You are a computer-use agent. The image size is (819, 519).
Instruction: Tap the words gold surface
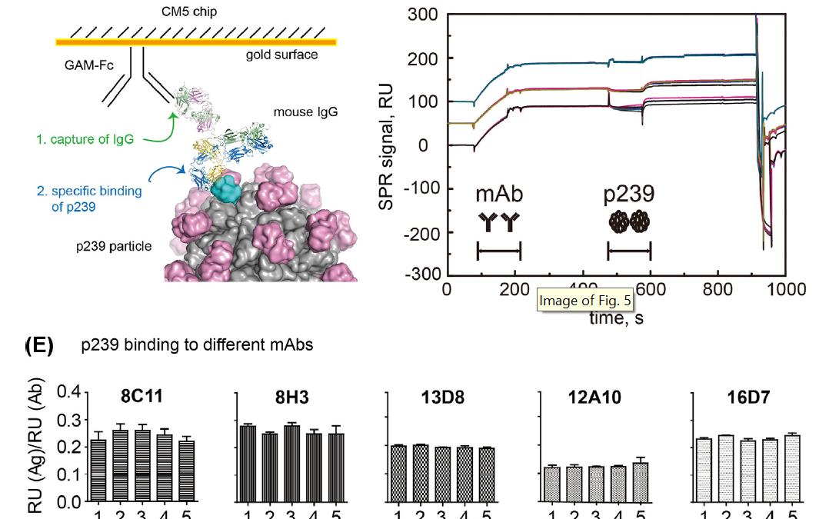(281, 55)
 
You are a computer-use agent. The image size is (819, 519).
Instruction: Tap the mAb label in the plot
(498, 194)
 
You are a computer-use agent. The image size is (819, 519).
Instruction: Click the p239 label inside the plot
(630, 194)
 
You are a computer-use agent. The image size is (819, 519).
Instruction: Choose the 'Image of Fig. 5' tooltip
(584, 301)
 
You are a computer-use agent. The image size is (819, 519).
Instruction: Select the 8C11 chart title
(140, 398)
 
